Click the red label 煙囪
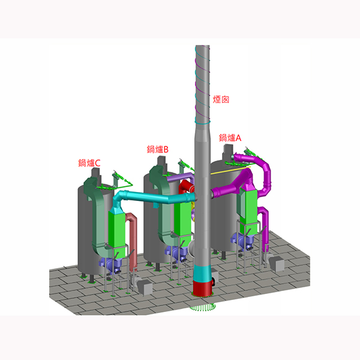coord(221,100)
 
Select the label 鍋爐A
coord(230,138)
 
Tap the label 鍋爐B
coord(158,149)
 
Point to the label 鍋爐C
coord(89,163)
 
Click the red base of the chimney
coord(203,288)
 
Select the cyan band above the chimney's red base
coord(202,273)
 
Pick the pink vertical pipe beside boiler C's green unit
coord(132,239)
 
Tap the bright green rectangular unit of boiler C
coord(117,234)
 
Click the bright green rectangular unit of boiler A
coord(248,210)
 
